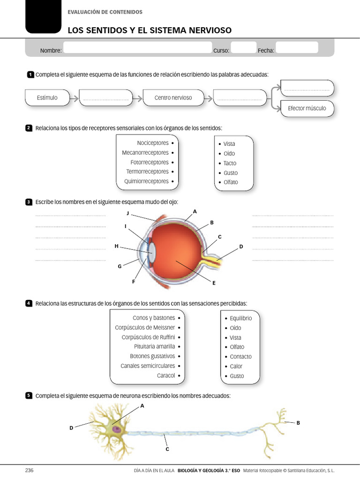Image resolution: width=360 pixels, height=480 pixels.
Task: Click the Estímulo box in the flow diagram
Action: pos(47,97)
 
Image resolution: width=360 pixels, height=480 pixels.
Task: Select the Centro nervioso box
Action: pos(173,97)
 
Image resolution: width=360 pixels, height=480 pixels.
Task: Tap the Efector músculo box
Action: pos(307,108)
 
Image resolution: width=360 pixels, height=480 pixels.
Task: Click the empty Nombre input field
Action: pos(137,48)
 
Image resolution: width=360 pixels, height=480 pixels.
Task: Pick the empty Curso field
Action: pos(244,48)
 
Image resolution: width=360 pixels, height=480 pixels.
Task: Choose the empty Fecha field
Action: pos(297,48)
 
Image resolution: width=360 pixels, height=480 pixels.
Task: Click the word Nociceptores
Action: pos(152,143)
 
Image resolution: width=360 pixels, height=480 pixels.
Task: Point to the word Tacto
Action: pos(230,163)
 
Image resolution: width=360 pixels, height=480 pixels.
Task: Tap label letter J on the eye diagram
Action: pos(127,214)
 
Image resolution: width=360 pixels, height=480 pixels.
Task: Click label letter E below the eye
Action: pos(214,283)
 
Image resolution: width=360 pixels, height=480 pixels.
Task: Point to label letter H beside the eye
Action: pos(116,246)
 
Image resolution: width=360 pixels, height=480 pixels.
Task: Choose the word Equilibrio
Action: pos(241,318)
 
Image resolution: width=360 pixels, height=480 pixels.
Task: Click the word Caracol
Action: pos(166,375)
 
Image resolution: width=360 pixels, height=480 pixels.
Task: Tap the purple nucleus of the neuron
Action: pos(116,428)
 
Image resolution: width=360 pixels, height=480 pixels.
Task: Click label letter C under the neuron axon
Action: pos(167,449)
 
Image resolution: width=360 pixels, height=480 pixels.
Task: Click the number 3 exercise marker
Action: pos(29,202)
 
